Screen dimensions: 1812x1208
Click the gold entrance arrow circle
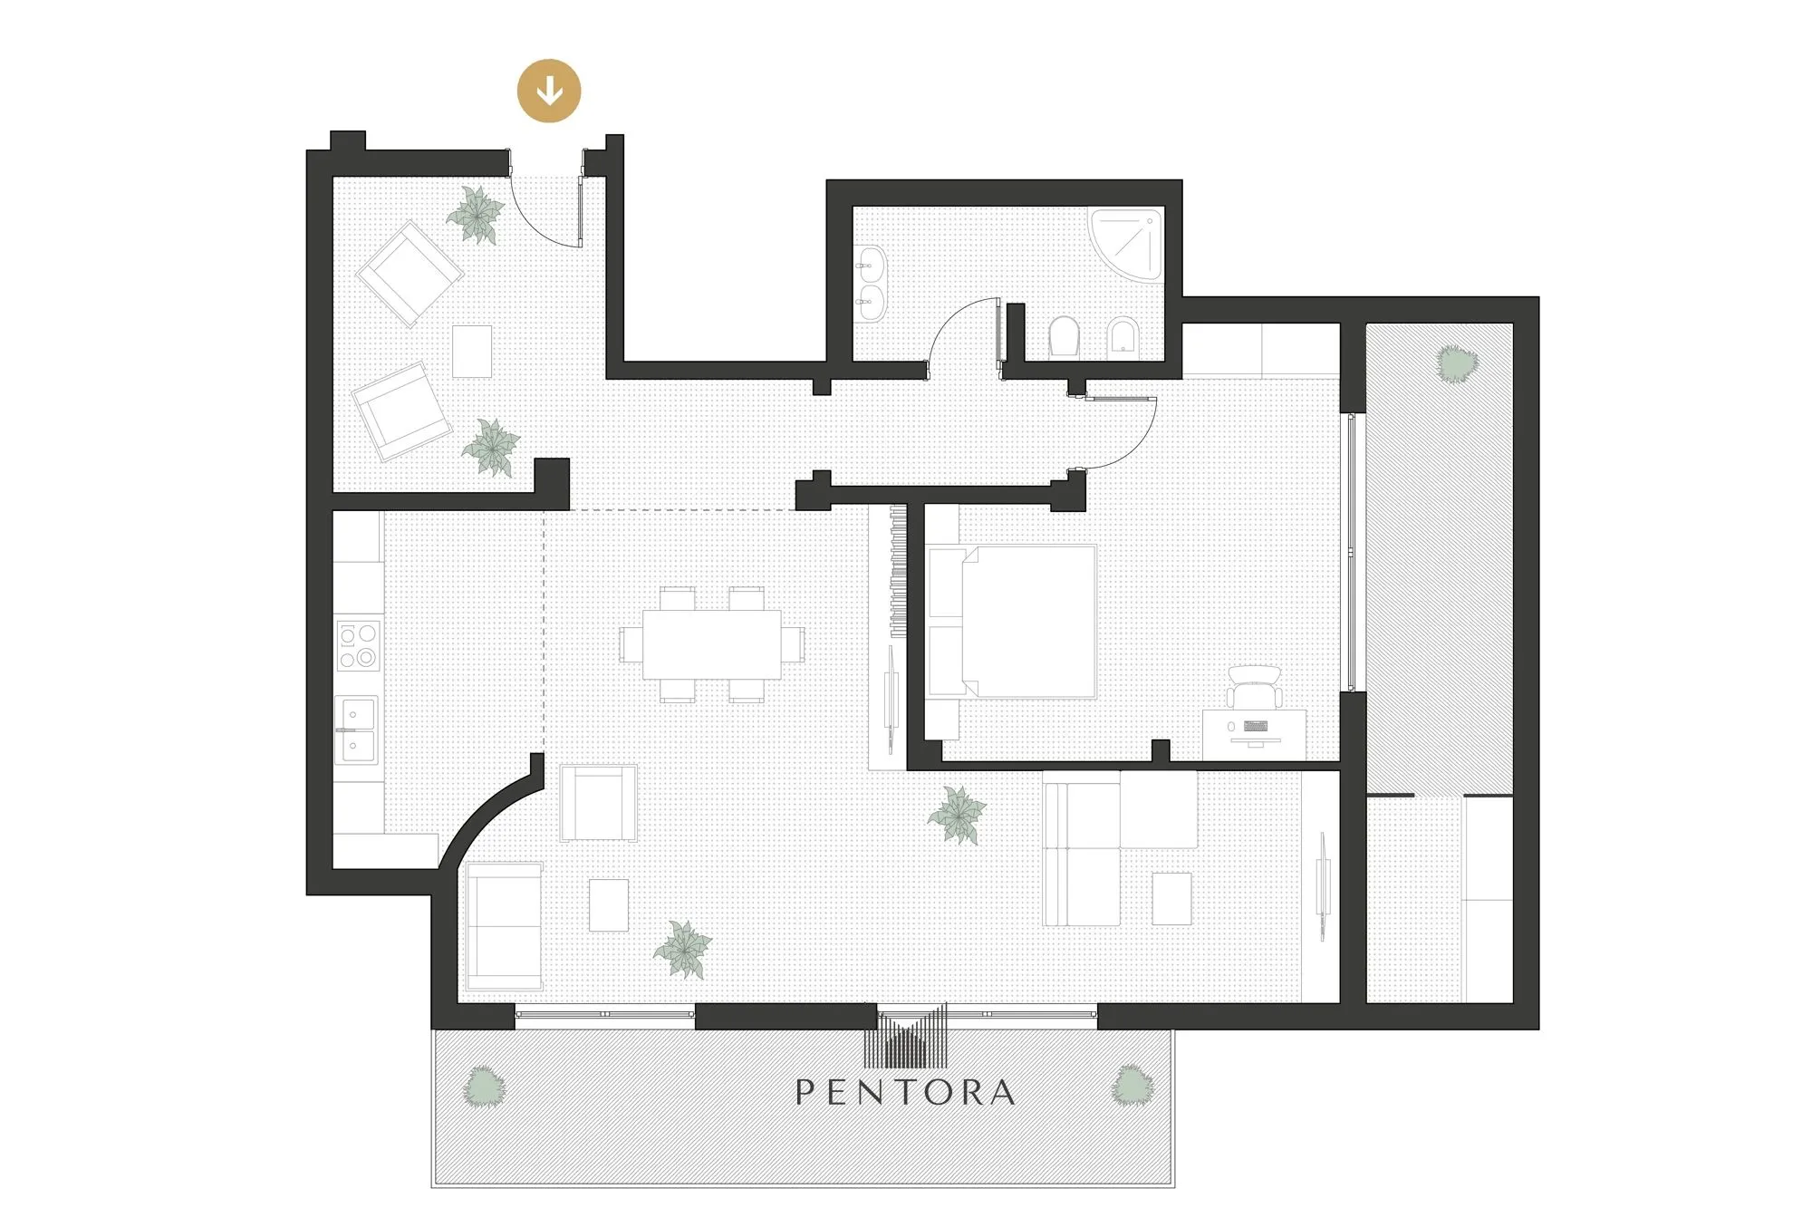coord(548,91)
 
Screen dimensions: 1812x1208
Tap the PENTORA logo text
coord(905,1092)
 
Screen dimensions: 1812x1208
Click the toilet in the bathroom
coord(1064,337)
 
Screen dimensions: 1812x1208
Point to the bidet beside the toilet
coord(1123,337)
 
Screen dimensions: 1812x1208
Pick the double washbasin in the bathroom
coord(872,284)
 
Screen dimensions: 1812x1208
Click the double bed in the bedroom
coord(1011,621)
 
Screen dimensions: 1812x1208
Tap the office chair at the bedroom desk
coord(1254,686)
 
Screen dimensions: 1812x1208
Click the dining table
coord(712,644)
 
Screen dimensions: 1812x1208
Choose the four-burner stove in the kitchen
coord(359,645)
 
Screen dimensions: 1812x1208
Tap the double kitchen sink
coord(357,730)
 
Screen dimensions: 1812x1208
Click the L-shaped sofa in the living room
coord(1120,847)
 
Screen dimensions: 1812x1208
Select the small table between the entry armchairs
coord(472,352)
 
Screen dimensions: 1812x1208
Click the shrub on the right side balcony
coord(1456,363)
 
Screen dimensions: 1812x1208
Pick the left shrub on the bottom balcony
coord(484,1086)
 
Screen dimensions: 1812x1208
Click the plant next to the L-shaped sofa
coord(958,814)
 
